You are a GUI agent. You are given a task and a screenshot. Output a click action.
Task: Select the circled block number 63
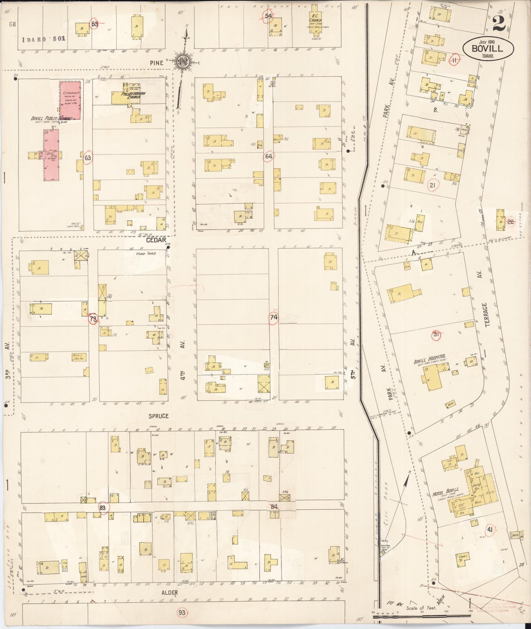(88, 158)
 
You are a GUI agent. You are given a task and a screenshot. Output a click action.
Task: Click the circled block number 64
(269, 156)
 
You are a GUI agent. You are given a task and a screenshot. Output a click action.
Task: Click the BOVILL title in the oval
(488, 48)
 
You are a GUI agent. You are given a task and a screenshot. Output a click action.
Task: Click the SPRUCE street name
(158, 416)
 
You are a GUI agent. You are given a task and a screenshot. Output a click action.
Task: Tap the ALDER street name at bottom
(169, 592)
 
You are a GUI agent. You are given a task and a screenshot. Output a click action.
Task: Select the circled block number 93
(182, 612)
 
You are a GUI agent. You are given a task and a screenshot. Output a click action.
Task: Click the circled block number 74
(273, 317)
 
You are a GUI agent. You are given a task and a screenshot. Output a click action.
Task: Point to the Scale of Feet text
(421, 608)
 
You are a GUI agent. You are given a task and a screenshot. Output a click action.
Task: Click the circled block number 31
(436, 334)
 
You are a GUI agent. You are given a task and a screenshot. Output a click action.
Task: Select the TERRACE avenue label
(485, 314)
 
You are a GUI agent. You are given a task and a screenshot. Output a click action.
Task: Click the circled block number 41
(489, 529)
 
